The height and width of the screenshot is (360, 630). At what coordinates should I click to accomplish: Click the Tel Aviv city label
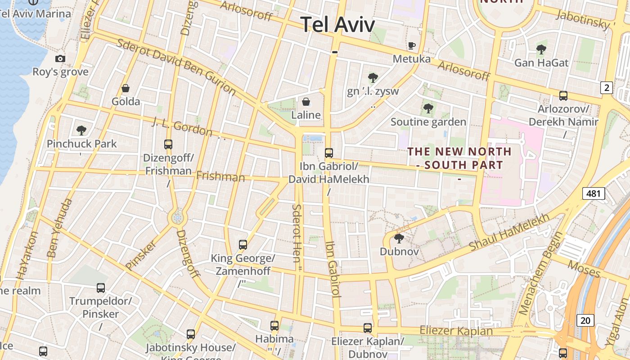(337, 24)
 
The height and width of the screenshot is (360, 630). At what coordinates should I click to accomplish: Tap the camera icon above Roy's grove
(60, 58)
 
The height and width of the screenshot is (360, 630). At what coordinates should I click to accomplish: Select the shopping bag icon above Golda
(126, 88)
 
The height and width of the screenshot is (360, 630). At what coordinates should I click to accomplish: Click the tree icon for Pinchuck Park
(81, 130)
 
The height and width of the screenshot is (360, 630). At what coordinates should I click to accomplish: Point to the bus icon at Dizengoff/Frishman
(168, 144)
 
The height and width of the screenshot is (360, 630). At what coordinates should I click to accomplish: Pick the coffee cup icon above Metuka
(411, 45)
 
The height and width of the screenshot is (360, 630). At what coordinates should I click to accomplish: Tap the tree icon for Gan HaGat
(541, 49)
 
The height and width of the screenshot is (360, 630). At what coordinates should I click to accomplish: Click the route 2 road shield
(607, 88)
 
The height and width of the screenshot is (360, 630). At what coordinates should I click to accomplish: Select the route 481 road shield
(594, 193)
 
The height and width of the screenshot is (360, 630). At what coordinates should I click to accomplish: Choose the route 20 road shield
(585, 320)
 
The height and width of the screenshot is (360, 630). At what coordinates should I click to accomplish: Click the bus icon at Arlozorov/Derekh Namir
(563, 95)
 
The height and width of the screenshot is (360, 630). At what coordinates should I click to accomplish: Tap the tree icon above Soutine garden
(428, 108)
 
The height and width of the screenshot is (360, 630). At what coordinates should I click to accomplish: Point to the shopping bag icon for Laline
(306, 102)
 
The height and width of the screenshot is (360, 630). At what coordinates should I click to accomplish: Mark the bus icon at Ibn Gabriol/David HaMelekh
(329, 153)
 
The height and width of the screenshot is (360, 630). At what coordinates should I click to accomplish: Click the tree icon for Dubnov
(399, 238)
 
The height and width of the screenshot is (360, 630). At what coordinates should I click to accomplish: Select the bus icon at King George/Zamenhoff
(243, 245)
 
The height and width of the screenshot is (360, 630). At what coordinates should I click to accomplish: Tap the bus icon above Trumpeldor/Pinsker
(101, 288)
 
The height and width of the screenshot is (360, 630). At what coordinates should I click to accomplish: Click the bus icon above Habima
(274, 325)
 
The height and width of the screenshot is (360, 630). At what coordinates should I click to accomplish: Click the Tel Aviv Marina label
(36, 13)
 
